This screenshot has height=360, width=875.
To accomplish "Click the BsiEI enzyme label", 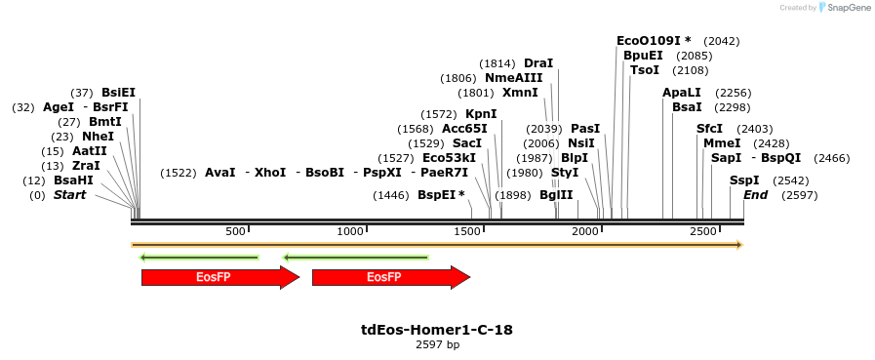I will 118,93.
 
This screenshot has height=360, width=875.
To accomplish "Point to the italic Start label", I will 69,195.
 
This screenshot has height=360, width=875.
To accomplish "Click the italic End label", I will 755,195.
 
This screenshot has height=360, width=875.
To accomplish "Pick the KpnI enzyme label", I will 481,114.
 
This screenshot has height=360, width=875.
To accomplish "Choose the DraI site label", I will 538,63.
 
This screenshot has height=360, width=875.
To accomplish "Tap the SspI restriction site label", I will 744,180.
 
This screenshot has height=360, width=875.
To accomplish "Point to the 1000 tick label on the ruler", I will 350,231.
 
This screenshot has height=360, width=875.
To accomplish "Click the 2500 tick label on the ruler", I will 702,231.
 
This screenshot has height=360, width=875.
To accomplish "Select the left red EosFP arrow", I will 219,277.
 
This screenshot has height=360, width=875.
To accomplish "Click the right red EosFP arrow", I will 390,277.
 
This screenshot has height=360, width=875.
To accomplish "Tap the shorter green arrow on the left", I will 199,258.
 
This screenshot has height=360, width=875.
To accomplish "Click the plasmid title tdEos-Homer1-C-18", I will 437,330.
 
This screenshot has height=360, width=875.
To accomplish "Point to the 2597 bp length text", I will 437,344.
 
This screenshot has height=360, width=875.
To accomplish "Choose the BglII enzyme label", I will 556,195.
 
